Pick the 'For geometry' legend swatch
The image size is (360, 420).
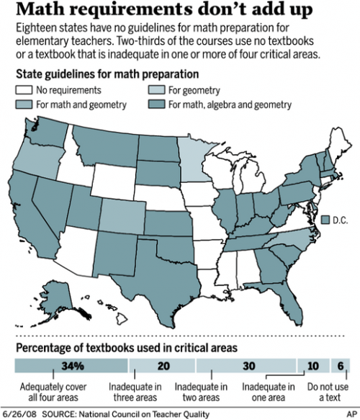point(154,91)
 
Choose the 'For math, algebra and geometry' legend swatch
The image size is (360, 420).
point(154,105)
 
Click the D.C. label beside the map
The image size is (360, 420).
point(341,219)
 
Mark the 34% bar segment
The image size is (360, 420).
point(60,365)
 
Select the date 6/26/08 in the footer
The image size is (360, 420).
point(19,414)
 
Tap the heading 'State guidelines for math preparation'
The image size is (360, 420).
point(105,75)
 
